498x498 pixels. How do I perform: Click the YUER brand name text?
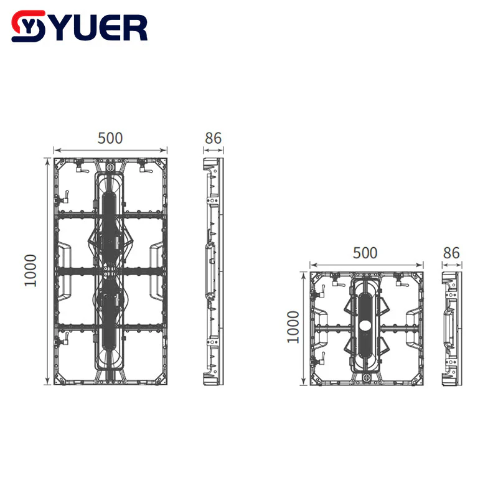coord(101,27)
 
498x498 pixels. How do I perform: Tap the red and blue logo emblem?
coord(28,26)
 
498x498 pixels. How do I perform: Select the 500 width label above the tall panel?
coord(110,138)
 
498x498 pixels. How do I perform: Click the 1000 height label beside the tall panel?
coord(31,270)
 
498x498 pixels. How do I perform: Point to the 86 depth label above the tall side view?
coord(213,138)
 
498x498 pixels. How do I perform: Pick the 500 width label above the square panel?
coord(365,253)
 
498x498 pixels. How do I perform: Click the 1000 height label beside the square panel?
coord(293,327)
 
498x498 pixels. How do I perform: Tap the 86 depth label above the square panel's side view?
coord(451,253)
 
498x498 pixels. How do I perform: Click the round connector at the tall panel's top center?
coord(110,167)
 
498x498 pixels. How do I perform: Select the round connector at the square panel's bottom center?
coord(367,377)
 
